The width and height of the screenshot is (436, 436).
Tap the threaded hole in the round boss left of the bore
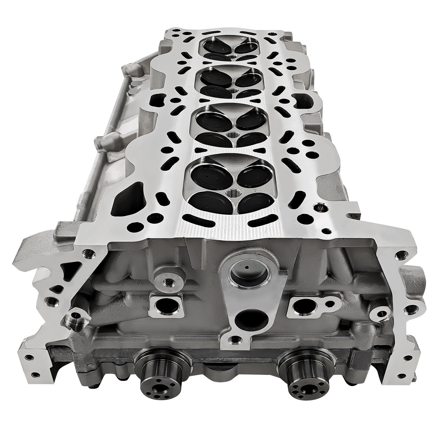pyautogui.click(x=167, y=281)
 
